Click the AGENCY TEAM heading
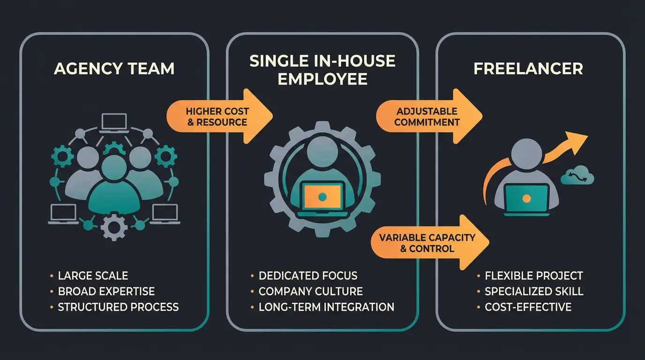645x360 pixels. (114, 68)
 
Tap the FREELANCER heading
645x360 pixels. (528, 68)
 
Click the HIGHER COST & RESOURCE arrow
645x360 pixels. (218, 117)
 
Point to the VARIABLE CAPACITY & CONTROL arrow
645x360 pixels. (428, 242)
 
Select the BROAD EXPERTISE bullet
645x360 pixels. (106, 291)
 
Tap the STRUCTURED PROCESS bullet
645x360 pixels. (118, 307)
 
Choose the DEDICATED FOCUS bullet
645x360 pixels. (308, 276)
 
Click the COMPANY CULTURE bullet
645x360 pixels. (310, 291)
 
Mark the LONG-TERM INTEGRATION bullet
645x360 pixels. (326, 307)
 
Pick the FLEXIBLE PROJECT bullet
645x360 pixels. (534, 276)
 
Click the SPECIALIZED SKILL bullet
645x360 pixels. (534, 291)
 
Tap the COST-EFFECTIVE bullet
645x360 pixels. (528, 307)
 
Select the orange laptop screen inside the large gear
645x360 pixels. (322, 196)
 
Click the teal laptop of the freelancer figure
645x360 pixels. (526, 199)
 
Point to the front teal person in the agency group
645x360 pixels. (114, 185)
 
